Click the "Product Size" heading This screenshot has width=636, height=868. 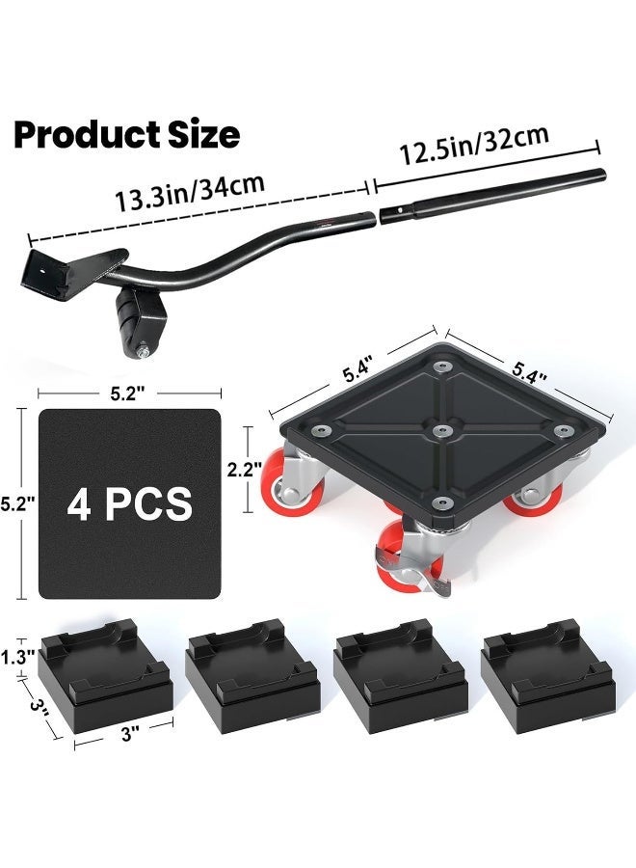(126, 135)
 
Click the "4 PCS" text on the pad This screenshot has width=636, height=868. (129, 503)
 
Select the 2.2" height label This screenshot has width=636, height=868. (240, 470)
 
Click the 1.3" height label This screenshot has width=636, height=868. (18, 656)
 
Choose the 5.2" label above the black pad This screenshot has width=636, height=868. (129, 393)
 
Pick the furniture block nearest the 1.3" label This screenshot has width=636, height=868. (107, 678)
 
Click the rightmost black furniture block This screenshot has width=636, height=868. (547, 678)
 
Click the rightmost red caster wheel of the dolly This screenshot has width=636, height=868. (540, 495)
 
